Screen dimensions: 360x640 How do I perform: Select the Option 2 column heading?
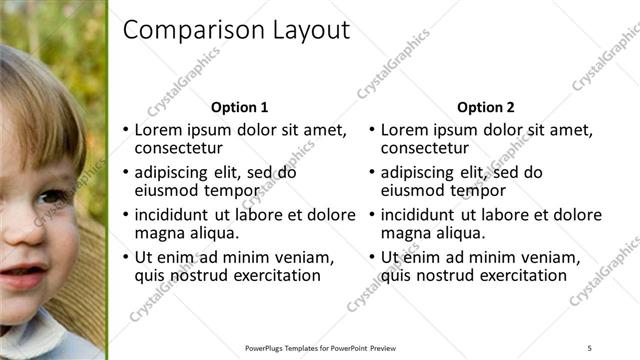[486, 108]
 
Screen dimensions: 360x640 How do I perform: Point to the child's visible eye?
[50, 197]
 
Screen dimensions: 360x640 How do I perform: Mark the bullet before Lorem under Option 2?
[372, 130]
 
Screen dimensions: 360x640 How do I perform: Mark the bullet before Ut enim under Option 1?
[125, 258]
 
